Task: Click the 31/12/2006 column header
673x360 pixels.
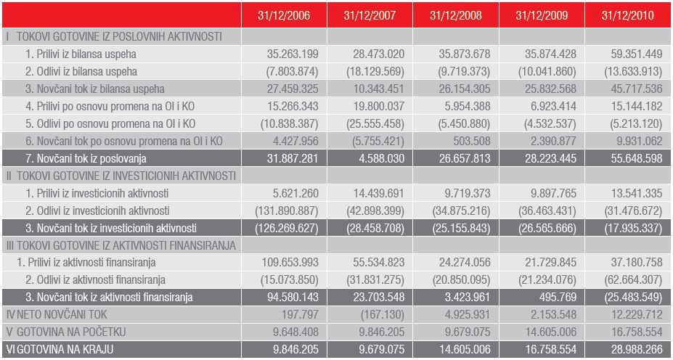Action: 284,15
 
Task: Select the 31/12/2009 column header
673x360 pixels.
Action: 542,15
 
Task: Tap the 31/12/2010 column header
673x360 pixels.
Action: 627,15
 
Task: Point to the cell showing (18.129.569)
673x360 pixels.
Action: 375,72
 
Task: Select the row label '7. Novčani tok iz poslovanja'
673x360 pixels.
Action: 86,158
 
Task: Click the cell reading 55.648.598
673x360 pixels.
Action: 637,158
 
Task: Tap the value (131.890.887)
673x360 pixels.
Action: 287,210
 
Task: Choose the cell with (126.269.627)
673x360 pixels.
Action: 287,228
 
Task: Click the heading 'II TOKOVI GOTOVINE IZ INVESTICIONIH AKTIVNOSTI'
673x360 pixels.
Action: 121,176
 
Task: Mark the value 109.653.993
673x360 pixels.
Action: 290,263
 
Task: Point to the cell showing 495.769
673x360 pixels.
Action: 558,298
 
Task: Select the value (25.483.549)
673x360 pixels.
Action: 633,298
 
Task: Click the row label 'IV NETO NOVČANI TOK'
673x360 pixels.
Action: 57,314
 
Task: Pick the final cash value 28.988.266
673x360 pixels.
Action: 637,349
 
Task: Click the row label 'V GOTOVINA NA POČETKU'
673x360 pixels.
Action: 66,332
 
